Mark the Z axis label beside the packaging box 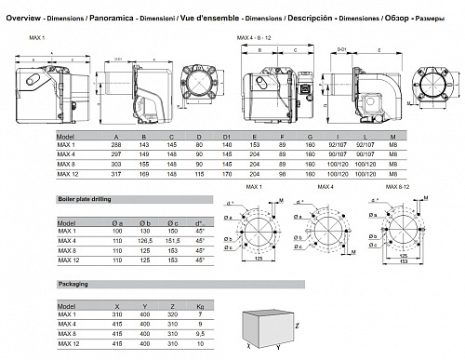[x=296, y=327]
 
